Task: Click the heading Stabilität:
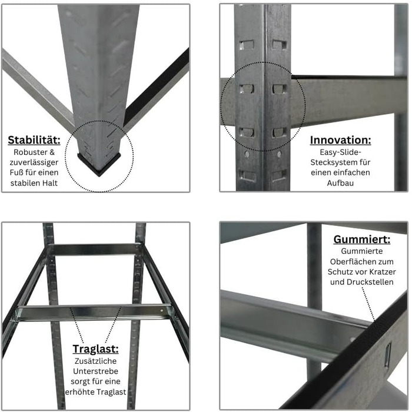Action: [x=34, y=140]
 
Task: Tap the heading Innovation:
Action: [x=341, y=140]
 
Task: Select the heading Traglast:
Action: [x=95, y=349]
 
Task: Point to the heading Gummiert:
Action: [x=362, y=240]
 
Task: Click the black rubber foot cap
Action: [x=99, y=164]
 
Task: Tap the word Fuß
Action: [x=16, y=172]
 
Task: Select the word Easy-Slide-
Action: [x=341, y=152]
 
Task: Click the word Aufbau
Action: [x=341, y=183]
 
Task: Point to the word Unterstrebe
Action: [x=95, y=371]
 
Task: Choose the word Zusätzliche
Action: [x=95, y=361]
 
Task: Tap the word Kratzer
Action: [x=383, y=272]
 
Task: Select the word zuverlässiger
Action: [x=34, y=162]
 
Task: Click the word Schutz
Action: [x=338, y=272]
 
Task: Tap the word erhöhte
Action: [x=79, y=392]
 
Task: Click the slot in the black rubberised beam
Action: [x=387, y=355]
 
